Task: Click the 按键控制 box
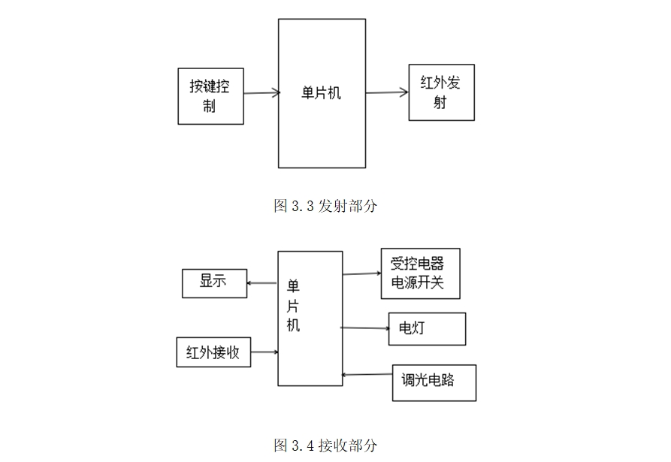click(210, 96)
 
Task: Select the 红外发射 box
click(441, 92)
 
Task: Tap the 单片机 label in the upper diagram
click(321, 94)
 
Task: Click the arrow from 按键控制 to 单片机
click(261, 93)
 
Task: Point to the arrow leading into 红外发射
click(387, 93)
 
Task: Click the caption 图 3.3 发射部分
click(325, 206)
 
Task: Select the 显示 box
click(214, 282)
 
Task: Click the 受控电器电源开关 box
click(420, 273)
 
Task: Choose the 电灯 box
click(427, 329)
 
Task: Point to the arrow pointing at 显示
click(262, 283)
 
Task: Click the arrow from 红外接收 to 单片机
click(264, 352)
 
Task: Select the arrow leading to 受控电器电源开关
click(361, 273)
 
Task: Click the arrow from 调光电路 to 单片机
click(367, 374)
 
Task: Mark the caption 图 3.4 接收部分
click(325, 445)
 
